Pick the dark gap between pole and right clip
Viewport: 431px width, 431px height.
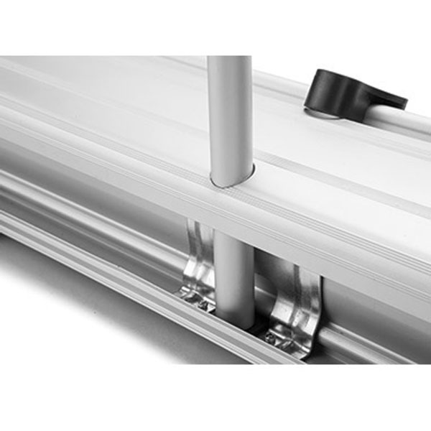coord(261,287)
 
